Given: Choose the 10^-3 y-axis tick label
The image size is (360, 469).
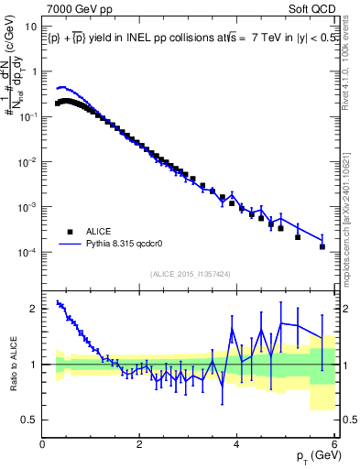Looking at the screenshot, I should pos(28,207).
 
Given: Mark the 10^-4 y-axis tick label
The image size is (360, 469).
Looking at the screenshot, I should pos(28,252).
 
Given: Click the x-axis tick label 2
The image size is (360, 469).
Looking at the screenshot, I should pos(139,445).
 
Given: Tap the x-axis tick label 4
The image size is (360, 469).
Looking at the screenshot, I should pos(236,445).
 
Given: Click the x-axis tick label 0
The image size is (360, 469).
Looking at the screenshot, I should pos(43,445).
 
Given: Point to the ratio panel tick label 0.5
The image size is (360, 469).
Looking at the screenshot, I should pos(30,420).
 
